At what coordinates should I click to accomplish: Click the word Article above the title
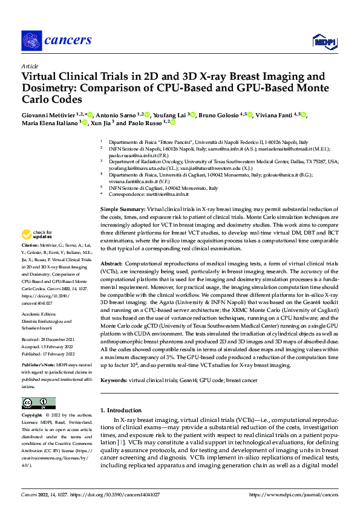click(x=30, y=66)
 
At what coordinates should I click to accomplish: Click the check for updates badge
click(x=36, y=235)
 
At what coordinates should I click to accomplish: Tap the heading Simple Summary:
click(x=123, y=209)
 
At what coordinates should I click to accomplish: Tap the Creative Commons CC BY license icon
click(x=38, y=403)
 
